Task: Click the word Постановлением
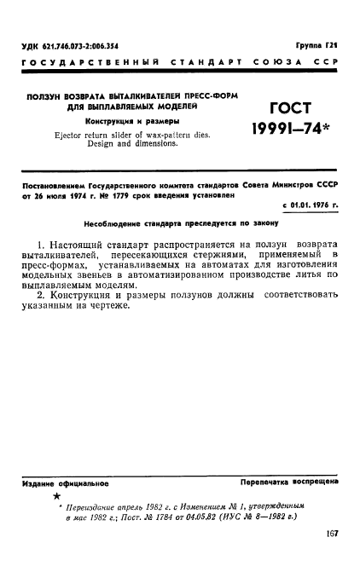coord(52,184)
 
